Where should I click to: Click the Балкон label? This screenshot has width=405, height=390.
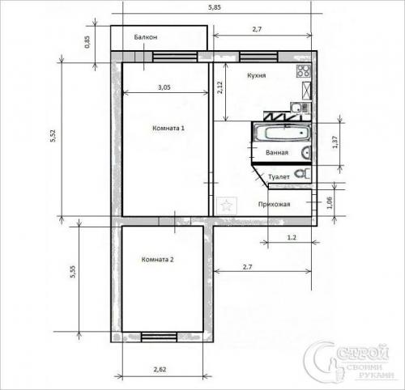point(146,37)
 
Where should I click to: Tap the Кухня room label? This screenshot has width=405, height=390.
point(257,75)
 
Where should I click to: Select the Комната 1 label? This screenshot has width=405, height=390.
point(168,128)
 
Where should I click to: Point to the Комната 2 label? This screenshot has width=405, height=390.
point(158,260)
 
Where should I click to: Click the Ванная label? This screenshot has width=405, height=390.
point(277,153)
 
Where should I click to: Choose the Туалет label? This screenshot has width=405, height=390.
point(279,177)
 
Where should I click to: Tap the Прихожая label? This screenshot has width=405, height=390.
point(274,204)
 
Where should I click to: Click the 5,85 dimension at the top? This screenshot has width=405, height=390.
point(215,7)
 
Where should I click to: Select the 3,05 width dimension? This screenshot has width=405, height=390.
point(164,87)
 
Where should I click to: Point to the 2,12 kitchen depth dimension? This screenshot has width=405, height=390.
point(220,87)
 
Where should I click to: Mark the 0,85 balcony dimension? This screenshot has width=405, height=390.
point(87,42)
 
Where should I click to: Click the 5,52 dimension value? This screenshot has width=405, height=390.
point(53,136)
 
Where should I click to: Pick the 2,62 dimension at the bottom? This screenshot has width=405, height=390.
point(160,369)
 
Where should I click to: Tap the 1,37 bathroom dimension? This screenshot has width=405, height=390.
point(335,142)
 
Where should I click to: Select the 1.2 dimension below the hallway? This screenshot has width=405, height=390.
point(292,238)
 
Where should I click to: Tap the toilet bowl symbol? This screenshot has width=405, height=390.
point(302,173)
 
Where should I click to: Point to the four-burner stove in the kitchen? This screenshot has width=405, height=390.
point(304,71)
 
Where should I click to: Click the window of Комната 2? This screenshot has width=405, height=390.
point(159,337)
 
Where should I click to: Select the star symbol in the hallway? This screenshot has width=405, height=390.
point(226,206)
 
